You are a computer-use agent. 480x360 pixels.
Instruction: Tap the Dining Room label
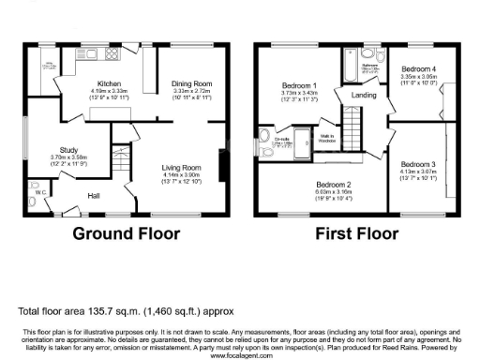click(189, 82)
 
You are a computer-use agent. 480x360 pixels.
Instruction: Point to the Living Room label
click(182, 165)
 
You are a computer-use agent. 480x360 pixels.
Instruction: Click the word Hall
click(94, 195)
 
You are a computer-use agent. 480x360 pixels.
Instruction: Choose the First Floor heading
click(357, 233)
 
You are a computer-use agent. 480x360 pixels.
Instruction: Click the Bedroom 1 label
click(300, 86)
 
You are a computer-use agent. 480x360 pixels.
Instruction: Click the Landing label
click(365, 95)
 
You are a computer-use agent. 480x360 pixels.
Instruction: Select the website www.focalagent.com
click(239, 354)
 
